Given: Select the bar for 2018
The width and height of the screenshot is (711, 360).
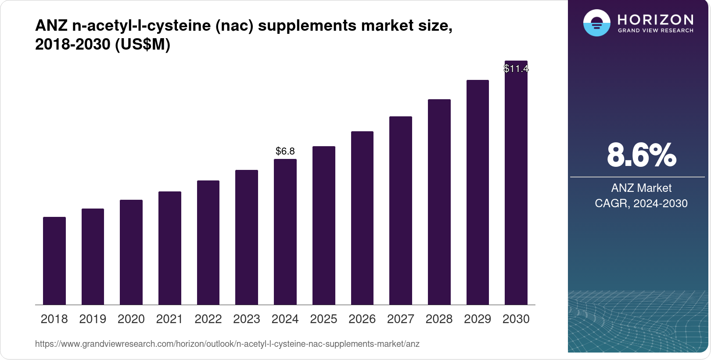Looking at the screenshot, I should click(x=54, y=261).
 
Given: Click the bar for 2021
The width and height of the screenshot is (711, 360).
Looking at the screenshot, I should click(x=170, y=248).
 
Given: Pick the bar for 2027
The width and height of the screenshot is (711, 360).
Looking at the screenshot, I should click(x=401, y=211).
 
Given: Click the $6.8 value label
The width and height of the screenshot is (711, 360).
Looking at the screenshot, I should click(x=285, y=151).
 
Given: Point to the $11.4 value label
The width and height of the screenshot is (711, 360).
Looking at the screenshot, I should click(x=516, y=69).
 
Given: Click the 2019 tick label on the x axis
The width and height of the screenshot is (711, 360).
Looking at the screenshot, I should click(x=93, y=319).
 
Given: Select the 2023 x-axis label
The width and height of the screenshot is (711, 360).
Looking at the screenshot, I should click(x=247, y=319).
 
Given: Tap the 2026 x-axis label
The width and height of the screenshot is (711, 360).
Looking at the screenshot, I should click(x=362, y=319).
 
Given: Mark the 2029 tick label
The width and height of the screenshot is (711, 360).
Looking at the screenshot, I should click(x=478, y=319).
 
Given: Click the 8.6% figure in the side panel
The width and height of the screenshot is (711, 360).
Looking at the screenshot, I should click(x=641, y=155).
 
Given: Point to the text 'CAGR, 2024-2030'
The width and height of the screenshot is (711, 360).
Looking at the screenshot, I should click(x=641, y=204).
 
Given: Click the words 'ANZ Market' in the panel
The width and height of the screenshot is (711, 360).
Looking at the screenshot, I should click(x=641, y=188).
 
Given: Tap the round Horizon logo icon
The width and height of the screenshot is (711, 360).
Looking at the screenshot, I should click(x=597, y=23).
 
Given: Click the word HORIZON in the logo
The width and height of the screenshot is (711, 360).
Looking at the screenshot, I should click(x=656, y=20).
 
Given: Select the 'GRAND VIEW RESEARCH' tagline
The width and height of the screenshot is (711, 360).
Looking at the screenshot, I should click(x=656, y=31).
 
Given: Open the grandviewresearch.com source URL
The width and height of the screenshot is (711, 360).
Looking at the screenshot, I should click(x=227, y=344).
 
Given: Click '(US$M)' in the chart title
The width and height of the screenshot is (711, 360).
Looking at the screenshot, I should click(x=143, y=45).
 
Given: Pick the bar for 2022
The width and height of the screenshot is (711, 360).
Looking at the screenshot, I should click(x=208, y=243).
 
